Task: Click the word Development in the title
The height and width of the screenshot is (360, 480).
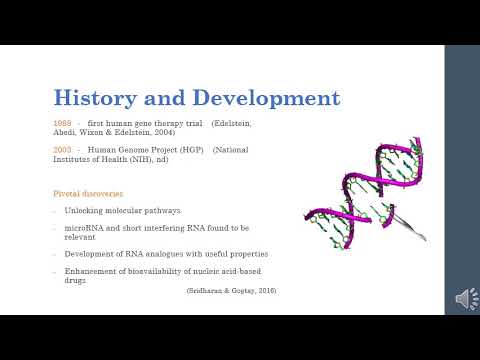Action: point(265,98)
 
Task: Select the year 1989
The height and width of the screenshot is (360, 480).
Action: point(62,122)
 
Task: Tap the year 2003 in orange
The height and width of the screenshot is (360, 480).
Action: point(62,149)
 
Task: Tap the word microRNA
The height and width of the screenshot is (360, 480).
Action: point(86,228)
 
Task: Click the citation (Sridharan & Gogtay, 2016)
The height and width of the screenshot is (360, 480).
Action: point(231,290)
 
